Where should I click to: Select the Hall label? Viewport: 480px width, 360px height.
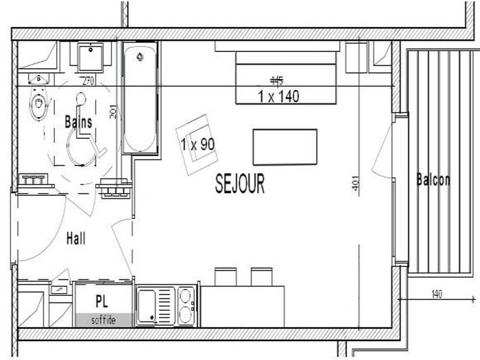[x=76, y=238]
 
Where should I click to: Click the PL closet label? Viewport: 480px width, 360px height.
[x=101, y=301]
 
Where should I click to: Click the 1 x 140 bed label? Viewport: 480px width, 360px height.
[x=278, y=96]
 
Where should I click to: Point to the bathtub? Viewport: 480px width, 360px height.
[x=141, y=98]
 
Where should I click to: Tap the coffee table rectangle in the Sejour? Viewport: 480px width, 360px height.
[x=284, y=147]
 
